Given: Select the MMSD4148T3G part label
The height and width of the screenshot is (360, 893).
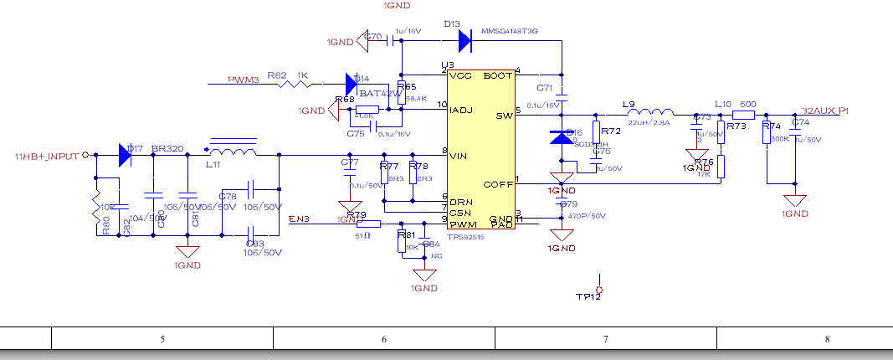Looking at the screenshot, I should coord(510,31).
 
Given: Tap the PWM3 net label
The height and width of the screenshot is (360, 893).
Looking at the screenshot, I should coord(244,80).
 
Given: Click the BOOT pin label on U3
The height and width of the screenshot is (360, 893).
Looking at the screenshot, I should coord(498,75).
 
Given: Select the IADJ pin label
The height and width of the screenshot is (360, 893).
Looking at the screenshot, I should coord(462,110).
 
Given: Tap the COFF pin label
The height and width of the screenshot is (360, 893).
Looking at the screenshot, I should coord(499,183).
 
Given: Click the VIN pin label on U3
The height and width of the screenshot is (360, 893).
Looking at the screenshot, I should coord(458,155).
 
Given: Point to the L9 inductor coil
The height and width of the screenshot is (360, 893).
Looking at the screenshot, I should coord(650,114).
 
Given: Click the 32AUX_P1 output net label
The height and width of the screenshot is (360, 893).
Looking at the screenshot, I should coord(825,111).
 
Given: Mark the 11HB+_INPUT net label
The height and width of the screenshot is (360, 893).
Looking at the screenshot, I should coord(46,157).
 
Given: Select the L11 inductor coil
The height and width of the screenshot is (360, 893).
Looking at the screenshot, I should coord(232,152).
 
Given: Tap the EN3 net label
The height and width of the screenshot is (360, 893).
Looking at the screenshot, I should coord(298,219).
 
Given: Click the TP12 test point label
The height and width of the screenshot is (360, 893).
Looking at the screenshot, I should coord(588,296).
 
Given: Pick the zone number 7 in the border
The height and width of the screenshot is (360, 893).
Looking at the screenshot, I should coord(606,338).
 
